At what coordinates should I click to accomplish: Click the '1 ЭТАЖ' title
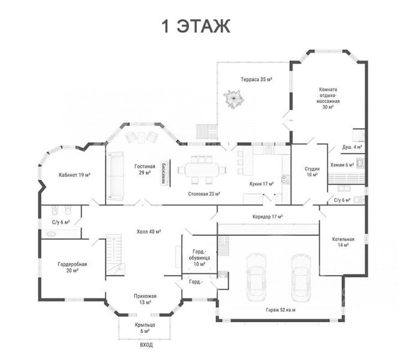point(196,26)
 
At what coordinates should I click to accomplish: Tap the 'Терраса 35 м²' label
point(256,79)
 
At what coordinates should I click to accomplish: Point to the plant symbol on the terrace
point(234,99)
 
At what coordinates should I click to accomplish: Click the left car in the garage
point(256,277)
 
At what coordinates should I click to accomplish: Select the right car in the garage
point(301,278)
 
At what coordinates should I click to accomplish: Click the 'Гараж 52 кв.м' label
point(281,310)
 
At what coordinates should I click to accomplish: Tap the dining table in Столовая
point(202,170)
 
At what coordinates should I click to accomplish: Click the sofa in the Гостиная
point(115,176)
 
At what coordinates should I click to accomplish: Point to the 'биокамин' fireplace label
point(163,173)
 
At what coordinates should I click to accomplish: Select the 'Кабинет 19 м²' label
point(74,175)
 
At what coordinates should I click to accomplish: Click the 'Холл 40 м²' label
point(149,232)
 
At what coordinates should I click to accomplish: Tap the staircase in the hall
point(115,254)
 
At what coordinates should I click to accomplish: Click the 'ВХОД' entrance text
point(146,345)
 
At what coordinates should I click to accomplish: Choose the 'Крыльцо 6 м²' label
point(145,328)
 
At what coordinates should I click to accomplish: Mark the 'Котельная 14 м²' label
point(343,242)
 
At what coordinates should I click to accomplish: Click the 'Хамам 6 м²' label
point(342,165)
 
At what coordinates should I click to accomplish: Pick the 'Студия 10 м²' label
point(312,172)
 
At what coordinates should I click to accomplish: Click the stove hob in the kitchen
point(286,179)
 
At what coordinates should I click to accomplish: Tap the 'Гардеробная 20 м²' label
point(73,267)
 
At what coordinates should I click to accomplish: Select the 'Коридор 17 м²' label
point(268,217)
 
